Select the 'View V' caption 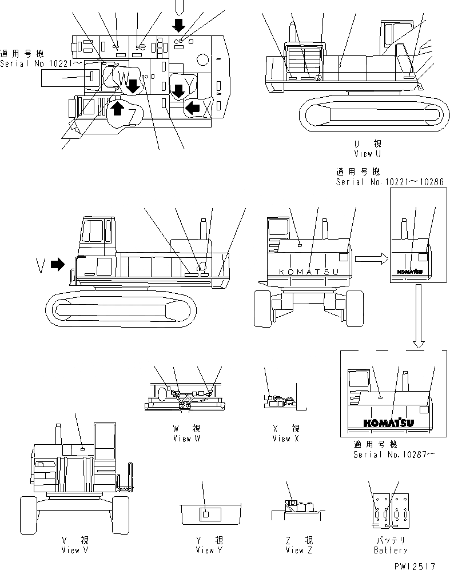tap(74, 550)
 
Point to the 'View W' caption tap(186, 439)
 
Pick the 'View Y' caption tap(209, 550)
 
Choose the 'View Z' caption tap(298, 550)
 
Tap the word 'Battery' tap(390, 550)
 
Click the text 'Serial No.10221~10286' tap(390, 182)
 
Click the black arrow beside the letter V tap(58, 264)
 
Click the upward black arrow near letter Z tap(117, 108)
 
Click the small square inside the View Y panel tap(205, 515)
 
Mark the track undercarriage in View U tap(374, 113)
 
